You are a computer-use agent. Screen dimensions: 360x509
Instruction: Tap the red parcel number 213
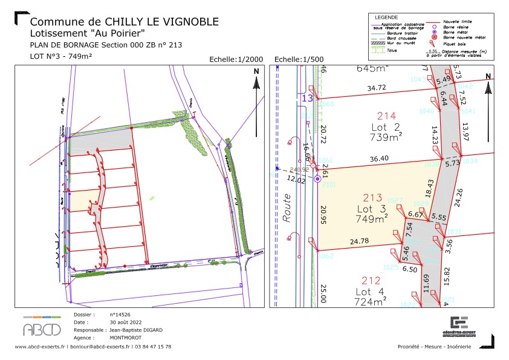372,198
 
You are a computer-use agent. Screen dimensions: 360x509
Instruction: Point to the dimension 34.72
377,88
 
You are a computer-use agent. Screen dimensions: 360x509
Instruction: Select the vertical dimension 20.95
323,215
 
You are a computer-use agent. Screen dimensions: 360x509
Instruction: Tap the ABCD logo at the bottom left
42,329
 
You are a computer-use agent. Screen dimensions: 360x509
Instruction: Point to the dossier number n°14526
121,315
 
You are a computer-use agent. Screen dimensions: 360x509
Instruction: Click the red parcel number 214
386,116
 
